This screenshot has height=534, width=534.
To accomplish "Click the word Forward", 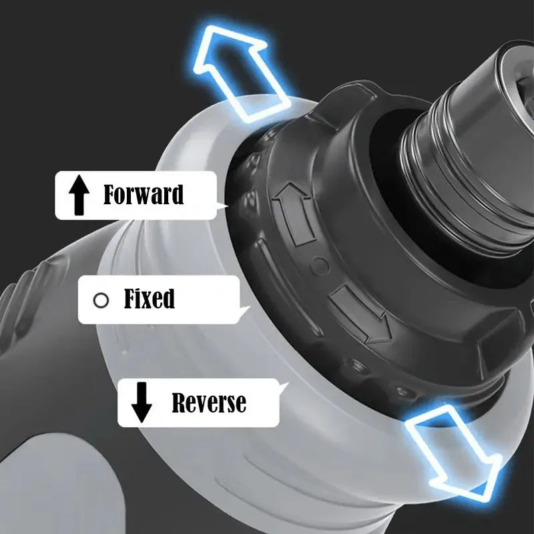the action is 144,194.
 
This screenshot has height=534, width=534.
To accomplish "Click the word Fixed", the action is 149,298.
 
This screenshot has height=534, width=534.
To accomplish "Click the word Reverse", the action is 209,403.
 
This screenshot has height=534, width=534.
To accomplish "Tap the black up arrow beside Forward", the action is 79,195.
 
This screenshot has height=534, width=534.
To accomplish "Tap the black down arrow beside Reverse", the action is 142,403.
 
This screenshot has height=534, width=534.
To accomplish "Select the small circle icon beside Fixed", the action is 101,300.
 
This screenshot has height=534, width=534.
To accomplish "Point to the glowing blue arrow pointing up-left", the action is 240,73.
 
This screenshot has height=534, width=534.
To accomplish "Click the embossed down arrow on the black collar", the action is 361,315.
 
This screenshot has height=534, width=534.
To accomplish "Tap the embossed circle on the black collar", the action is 320,266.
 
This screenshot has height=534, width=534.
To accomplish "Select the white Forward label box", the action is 136,195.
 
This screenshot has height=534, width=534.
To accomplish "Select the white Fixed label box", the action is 159,300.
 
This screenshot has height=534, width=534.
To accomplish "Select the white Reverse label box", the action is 198,403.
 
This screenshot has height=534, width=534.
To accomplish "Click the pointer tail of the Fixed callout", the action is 244,311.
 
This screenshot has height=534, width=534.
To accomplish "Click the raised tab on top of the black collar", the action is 344,99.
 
